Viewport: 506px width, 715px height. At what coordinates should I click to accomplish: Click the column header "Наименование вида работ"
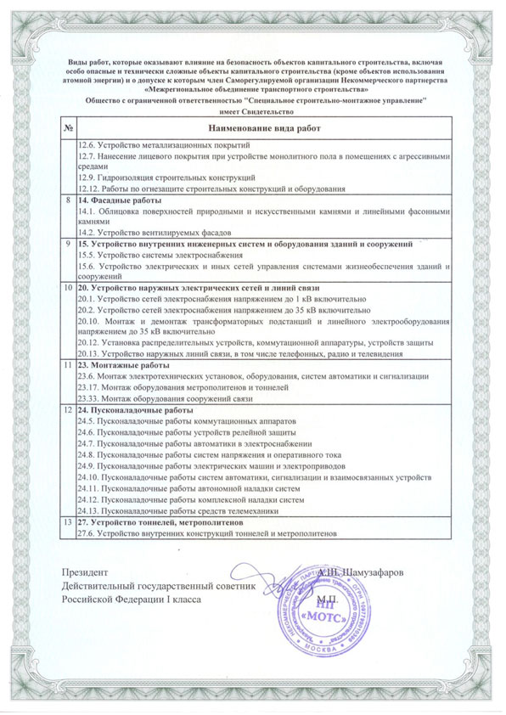(267, 128)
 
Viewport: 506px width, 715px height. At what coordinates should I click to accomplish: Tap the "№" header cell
(67, 128)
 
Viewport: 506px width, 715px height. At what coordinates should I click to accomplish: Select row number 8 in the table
(67, 199)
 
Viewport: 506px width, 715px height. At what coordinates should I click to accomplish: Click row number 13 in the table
(67, 523)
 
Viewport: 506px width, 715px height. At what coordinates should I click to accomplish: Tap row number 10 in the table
(67, 289)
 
